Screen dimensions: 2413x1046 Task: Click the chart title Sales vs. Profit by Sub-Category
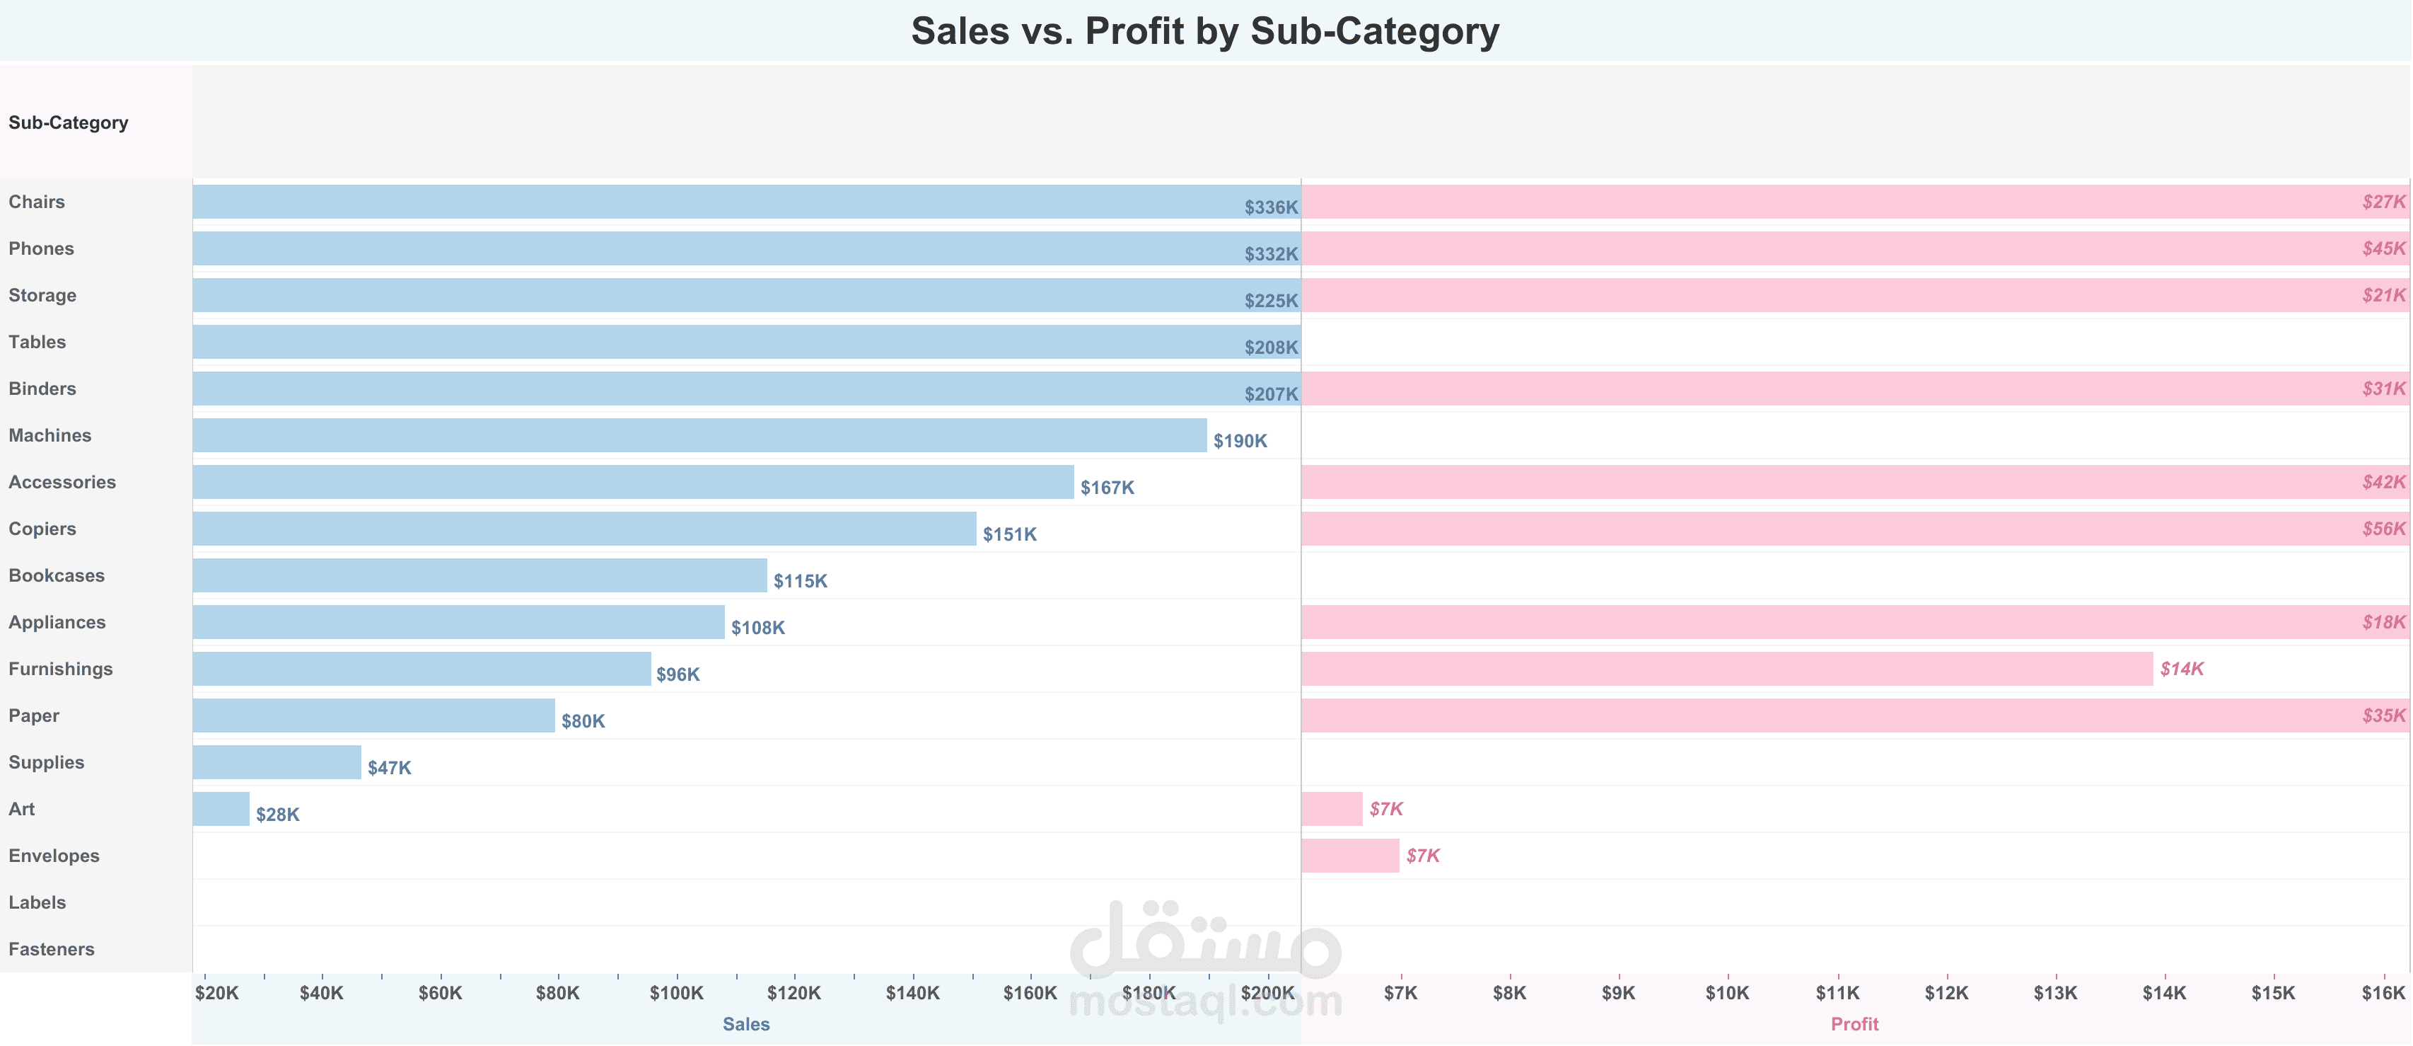tap(1204, 31)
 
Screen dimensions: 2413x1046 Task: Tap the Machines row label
tap(50, 435)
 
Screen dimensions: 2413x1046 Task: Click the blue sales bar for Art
tap(221, 809)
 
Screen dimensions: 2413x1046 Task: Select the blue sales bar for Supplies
tap(277, 762)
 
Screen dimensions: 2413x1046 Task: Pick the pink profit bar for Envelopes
tap(1350, 856)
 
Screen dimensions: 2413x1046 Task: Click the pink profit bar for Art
tap(1332, 809)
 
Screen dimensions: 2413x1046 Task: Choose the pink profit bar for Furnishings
tap(1727, 668)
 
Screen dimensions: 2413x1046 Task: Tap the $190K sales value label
tap(1240, 440)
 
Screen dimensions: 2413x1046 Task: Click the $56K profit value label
tap(2383, 529)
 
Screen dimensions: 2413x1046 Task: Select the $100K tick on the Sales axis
tap(676, 993)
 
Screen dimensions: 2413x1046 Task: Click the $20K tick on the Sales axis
tap(216, 993)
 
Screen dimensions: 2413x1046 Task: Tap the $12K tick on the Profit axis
tap(1946, 993)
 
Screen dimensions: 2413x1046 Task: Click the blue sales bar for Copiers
tap(585, 529)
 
